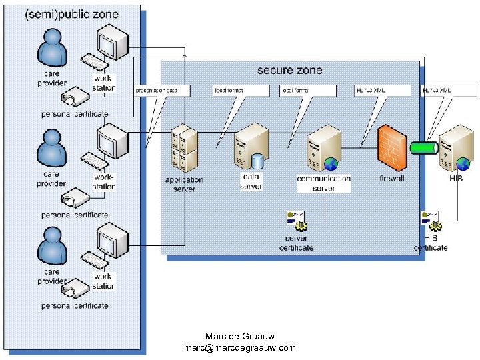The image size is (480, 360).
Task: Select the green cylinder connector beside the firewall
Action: pos(423,147)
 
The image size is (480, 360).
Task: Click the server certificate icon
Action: pos(297,219)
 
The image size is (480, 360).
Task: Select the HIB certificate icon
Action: pos(430,219)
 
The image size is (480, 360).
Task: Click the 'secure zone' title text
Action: pos(289,70)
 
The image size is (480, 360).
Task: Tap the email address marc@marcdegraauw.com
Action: pos(239,348)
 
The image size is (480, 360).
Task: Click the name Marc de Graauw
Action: pos(239,337)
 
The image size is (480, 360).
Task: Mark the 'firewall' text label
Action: pos(391,179)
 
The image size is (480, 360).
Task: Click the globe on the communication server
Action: pos(331,165)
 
